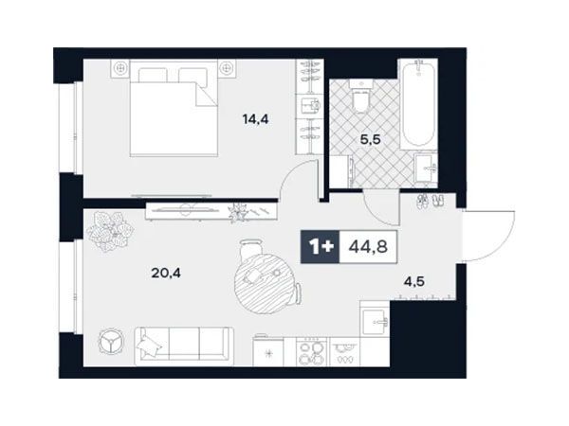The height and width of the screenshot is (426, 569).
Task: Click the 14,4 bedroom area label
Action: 255,119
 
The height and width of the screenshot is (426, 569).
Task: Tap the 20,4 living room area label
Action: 166,273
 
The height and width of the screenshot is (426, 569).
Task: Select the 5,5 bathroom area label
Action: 370,139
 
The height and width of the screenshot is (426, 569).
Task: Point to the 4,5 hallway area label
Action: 414,281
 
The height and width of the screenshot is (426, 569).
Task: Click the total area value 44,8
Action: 368,247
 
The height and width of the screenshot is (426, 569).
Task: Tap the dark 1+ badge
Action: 321,247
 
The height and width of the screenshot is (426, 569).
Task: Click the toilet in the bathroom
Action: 361,96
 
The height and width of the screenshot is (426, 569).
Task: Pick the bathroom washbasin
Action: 426,168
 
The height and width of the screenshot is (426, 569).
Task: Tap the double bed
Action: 174,108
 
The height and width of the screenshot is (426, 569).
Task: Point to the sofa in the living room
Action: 184,346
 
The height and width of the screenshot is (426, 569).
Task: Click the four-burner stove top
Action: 312,351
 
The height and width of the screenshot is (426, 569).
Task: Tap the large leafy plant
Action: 110,232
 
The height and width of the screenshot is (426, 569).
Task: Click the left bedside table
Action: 119,68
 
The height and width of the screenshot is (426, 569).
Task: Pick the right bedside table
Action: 228,68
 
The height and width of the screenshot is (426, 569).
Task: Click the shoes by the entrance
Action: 431,201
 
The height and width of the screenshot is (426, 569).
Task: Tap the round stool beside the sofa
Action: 111,341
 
